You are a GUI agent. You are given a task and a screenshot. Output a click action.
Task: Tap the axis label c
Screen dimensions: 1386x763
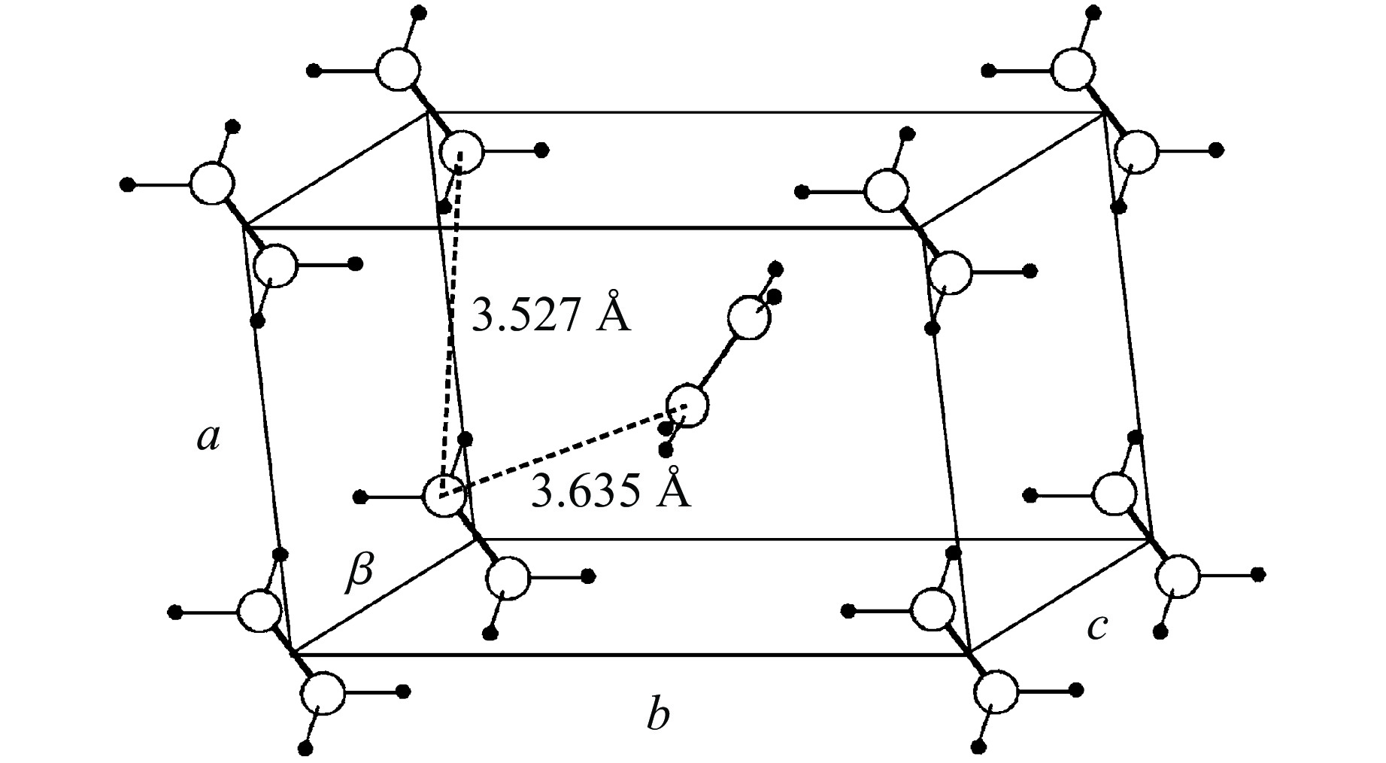point(1098,628)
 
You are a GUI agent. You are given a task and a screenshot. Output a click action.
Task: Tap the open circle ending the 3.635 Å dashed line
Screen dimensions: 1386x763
point(687,406)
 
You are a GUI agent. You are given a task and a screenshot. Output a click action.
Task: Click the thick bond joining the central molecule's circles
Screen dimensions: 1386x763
point(718,362)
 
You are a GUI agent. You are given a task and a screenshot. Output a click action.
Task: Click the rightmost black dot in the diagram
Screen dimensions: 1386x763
point(1259,575)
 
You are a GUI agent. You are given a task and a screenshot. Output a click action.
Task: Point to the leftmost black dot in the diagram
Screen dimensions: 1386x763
point(128,184)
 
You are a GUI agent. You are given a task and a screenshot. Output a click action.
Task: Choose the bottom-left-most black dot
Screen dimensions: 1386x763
point(305,748)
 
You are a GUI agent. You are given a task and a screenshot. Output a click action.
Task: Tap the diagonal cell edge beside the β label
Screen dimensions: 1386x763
point(384,596)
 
